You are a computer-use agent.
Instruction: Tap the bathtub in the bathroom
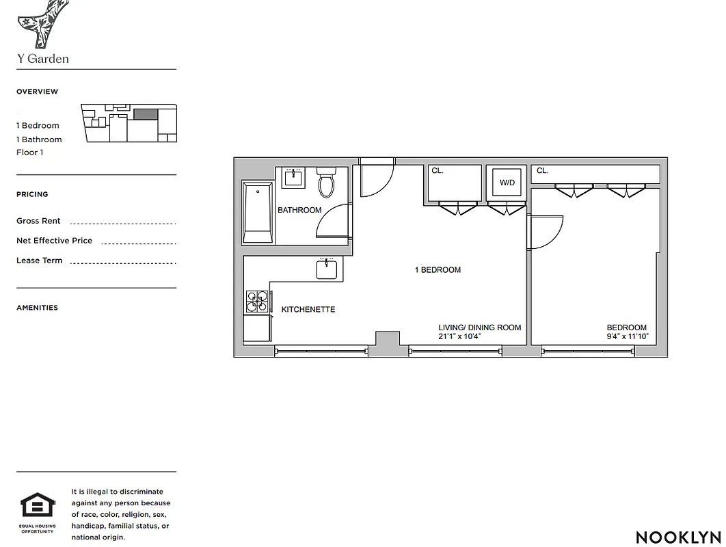[258, 212]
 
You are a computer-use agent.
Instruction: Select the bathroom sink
[294, 178]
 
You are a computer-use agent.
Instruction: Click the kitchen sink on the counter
[327, 269]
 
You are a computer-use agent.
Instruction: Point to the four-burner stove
[257, 302]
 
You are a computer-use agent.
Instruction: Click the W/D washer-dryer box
[507, 183]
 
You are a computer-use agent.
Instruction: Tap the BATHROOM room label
[299, 210]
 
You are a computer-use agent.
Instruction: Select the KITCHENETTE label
[308, 310]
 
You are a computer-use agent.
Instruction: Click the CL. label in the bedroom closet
[543, 171]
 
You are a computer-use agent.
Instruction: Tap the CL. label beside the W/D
[438, 171]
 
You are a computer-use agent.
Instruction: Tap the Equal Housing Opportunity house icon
[38, 506]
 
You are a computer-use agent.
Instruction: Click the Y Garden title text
[43, 59]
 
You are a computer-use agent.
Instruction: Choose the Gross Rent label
[38, 221]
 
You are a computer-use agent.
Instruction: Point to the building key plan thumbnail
[129, 123]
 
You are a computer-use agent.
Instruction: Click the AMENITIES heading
[37, 308]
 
